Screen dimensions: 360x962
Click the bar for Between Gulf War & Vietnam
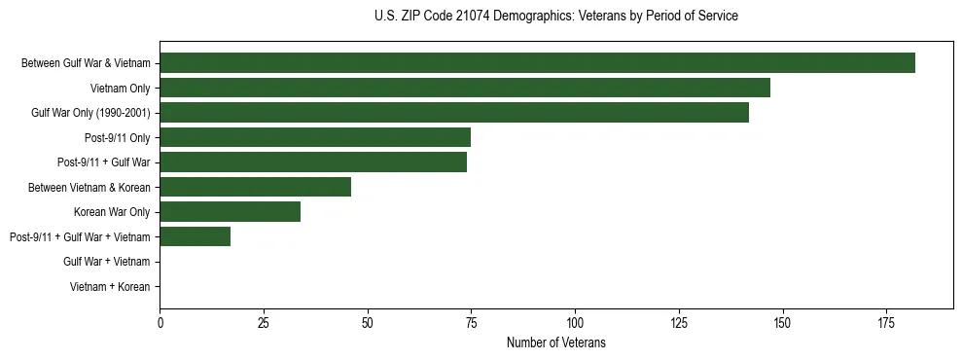(x=537, y=63)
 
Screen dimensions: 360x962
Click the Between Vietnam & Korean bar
(x=255, y=187)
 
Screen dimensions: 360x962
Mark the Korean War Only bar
(x=231, y=212)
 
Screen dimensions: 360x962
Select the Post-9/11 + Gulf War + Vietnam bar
(x=195, y=236)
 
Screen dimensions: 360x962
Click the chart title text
(x=555, y=17)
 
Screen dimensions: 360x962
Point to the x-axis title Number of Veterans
(x=555, y=342)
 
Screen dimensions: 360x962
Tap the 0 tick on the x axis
(x=160, y=322)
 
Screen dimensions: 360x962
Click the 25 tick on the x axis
(x=264, y=322)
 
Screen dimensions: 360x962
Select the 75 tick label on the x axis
(x=471, y=322)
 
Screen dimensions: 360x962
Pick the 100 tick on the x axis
(x=575, y=322)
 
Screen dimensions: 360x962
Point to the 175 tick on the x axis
(x=886, y=322)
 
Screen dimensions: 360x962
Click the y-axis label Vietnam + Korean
(x=110, y=287)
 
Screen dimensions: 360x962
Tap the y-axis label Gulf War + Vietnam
(x=107, y=262)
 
